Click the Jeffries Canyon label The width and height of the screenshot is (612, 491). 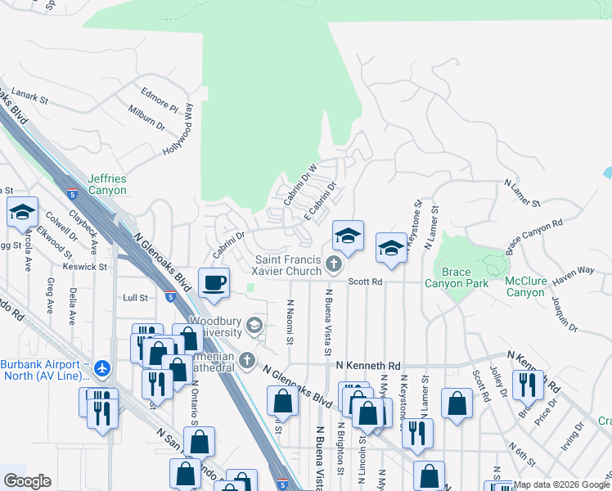pos(107,184)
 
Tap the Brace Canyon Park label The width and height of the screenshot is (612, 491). pos(457,277)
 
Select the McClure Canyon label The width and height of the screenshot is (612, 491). pos(524,286)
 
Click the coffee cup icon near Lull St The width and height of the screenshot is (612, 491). pos(215,283)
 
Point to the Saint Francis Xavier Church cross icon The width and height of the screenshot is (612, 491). pos(332,264)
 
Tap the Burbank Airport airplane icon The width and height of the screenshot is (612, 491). pos(101,369)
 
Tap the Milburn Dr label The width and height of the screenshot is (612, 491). pos(146,117)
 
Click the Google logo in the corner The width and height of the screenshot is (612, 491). pos(27,481)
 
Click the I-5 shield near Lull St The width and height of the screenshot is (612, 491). pos(169,297)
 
